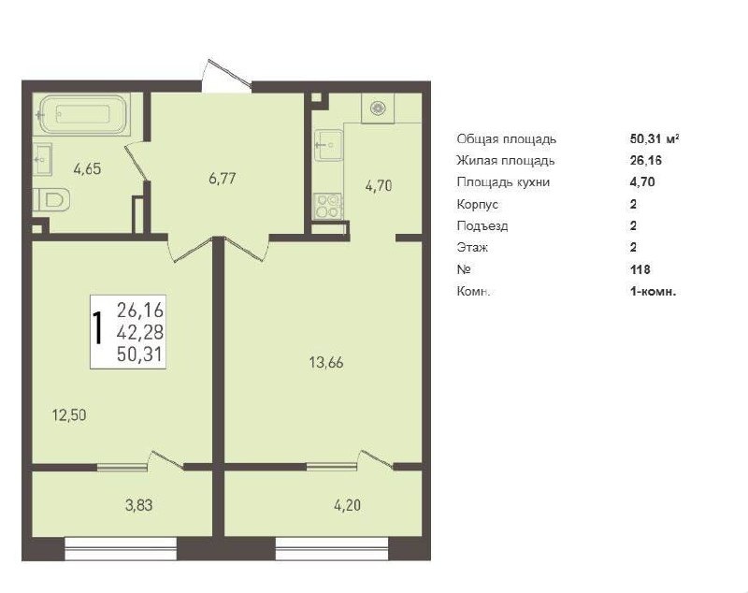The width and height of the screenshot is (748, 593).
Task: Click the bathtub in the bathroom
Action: [85, 114]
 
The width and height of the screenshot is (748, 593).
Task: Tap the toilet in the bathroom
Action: [52, 199]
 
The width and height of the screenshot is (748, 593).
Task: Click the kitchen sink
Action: [329, 145]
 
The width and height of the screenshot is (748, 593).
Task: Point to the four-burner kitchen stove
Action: [327, 207]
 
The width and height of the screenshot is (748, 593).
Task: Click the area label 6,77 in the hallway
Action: [223, 179]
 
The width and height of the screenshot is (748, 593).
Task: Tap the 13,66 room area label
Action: [326, 363]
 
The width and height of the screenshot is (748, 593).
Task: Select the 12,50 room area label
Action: [69, 415]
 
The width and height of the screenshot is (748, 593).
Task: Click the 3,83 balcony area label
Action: [138, 505]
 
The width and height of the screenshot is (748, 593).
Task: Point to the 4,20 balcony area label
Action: [347, 505]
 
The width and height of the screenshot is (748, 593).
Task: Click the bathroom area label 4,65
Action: [87, 169]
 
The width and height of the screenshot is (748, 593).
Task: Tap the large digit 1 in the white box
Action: [98, 327]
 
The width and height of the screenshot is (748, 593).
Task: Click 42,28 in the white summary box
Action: [140, 331]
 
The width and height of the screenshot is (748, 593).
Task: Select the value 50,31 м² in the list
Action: [654, 138]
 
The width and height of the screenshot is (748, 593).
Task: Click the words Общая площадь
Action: [507, 139]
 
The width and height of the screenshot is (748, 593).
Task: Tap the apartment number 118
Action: [640, 269]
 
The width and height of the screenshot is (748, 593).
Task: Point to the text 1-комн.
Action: [653, 292]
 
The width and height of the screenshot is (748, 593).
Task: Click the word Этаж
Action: [472, 248]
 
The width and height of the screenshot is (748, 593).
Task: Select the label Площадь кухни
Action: [503, 182]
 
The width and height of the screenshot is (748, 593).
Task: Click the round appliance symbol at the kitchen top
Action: [379, 108]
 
